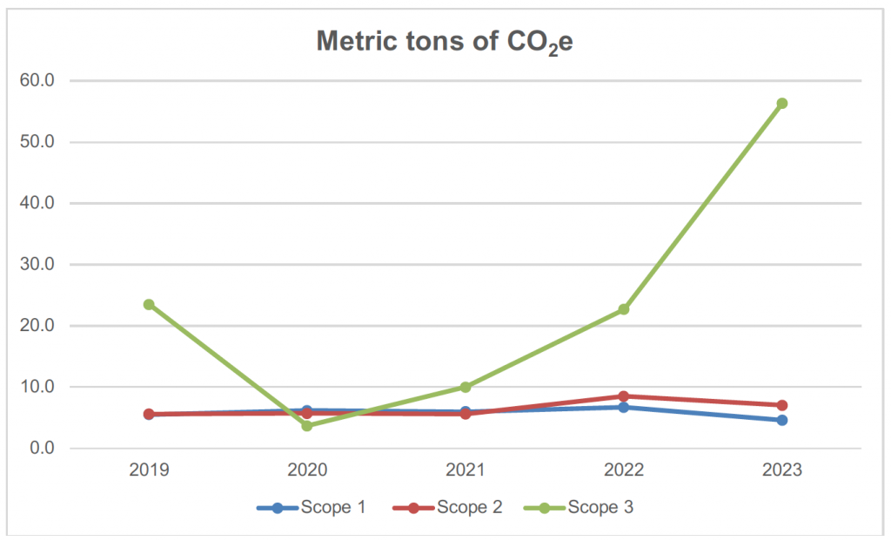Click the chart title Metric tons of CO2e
tap(445, 42)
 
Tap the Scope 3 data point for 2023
tap(781, 104)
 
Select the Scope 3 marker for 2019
tap(149, 304)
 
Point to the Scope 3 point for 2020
tap(307, 425)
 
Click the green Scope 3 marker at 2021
tap(466, 387)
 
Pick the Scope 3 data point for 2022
tap(624, 309)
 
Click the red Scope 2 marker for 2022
tap(624, 396)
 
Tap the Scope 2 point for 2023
tap(781, 405)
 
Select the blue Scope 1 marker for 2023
tap(781, 420)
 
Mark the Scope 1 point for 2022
tap(624, 407)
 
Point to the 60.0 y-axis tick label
tap(37, 81)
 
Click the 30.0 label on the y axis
tap(37, 265)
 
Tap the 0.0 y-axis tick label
tap(41, 449)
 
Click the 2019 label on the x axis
tap(149, 470)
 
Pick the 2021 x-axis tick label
tap(466, 470)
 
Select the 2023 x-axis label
tap(781, 470)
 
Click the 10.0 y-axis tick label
tap(37, 387)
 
